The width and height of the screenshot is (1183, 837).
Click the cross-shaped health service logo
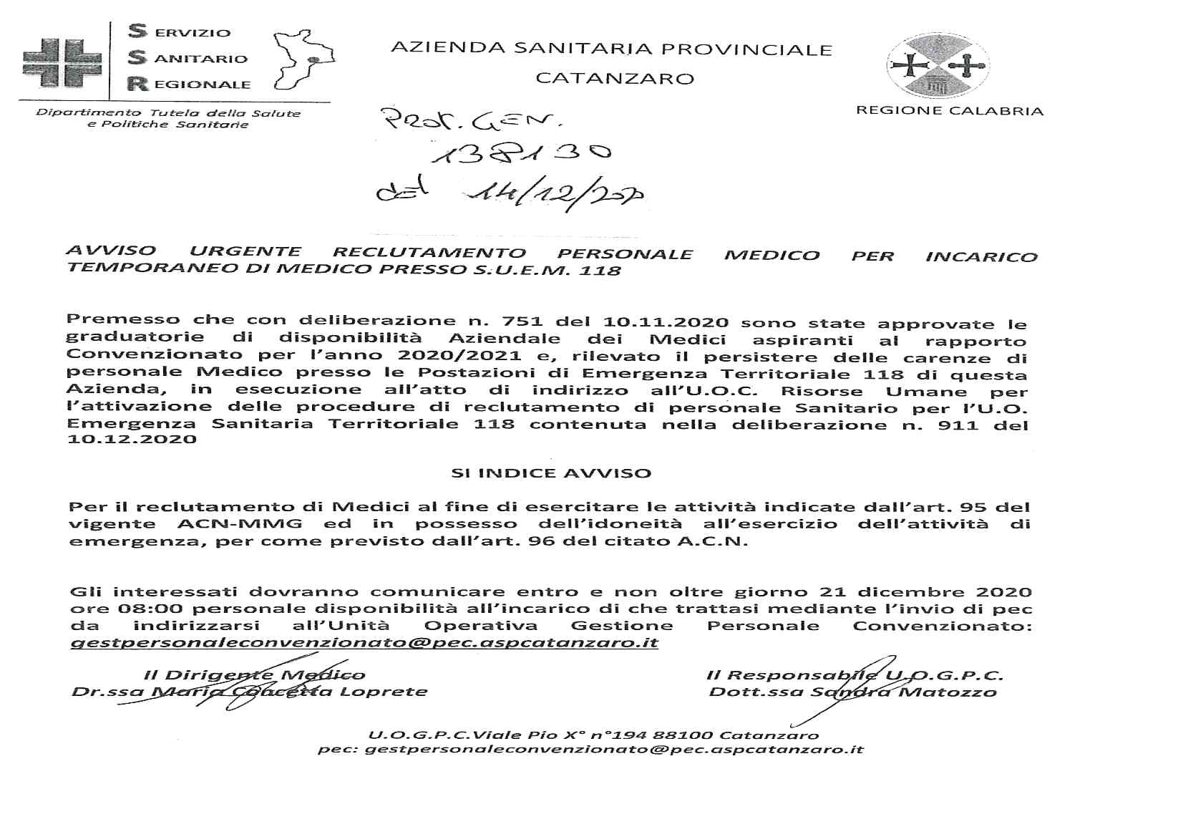[62, 62]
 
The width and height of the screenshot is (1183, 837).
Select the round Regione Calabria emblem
[936, 66]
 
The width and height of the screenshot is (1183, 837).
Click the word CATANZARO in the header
[615, 78]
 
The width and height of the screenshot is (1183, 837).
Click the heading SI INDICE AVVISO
[551, 473]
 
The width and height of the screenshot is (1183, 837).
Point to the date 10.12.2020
[132, 439]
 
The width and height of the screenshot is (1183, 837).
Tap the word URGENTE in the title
[245, 251]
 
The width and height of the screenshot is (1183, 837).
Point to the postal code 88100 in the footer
[688, 735]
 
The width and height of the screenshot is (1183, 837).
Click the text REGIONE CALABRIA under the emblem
[949, 111]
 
